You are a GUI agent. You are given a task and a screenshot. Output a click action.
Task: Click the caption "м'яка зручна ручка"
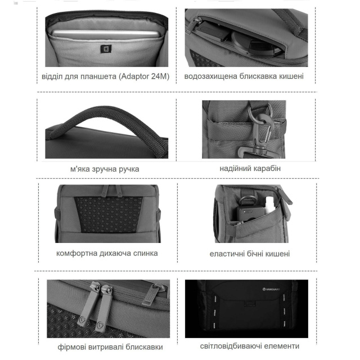[105, 169]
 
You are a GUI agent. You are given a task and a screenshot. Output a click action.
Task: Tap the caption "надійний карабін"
[250, 169]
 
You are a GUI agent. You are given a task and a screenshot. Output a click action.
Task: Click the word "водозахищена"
[211, 76]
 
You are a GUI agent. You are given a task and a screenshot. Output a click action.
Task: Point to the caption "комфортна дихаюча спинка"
[107, 253]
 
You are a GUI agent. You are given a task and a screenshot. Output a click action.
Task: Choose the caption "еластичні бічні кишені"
[250, 254]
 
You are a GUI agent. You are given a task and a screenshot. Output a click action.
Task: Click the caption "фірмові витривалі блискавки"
[110, 347]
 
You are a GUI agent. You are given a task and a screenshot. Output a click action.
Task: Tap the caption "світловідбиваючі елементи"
[250, 346]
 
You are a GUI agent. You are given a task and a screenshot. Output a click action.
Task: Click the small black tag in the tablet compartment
[106, 49]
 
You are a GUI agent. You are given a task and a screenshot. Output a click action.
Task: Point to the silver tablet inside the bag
[105, 34]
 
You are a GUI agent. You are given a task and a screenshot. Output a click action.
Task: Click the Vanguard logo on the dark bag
[271, 289]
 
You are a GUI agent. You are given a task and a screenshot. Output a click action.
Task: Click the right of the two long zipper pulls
[104, 308]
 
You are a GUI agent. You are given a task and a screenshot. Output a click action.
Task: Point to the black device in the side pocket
[249, 213]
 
